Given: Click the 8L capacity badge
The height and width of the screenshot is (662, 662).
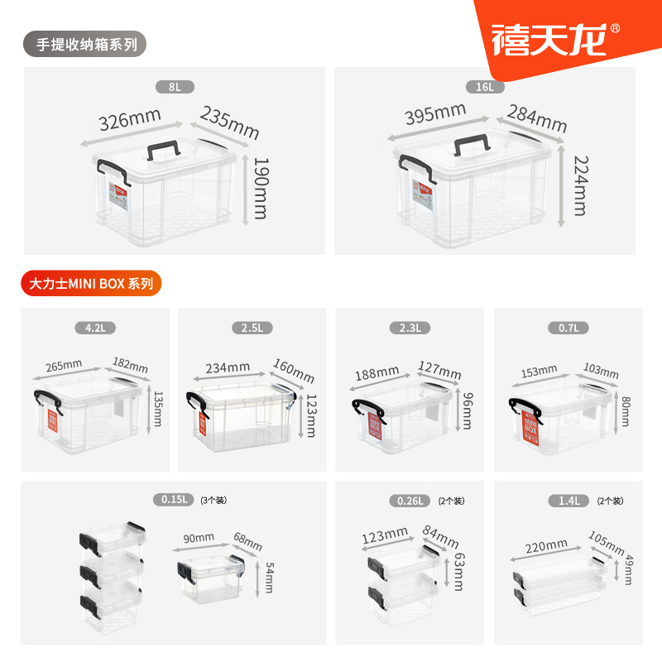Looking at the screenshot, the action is point(174,86).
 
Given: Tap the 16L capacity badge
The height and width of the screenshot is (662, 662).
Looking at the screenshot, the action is point(485,86).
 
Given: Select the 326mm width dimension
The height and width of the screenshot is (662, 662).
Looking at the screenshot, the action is point(129,121).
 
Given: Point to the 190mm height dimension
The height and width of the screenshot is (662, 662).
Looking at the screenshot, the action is point(261,188).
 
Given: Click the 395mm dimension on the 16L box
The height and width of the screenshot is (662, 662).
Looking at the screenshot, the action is point(436,113).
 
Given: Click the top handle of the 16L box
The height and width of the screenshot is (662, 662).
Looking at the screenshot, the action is point(469,142).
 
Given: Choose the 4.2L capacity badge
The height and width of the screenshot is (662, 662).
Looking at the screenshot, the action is point(95,328).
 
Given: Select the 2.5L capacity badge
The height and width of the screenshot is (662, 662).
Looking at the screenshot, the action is point(252,328).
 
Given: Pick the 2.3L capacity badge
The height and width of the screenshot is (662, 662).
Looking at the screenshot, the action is point(410,328).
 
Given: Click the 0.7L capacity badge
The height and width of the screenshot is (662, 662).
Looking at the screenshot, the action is point(568,328).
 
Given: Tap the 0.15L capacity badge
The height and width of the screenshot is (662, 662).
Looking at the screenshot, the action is point(174,500).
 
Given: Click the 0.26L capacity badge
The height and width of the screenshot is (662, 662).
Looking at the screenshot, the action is point(410,500).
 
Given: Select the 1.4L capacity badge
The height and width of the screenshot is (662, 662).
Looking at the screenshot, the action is point(568,500).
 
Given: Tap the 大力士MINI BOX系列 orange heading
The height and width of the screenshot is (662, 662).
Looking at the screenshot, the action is point(91,283).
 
